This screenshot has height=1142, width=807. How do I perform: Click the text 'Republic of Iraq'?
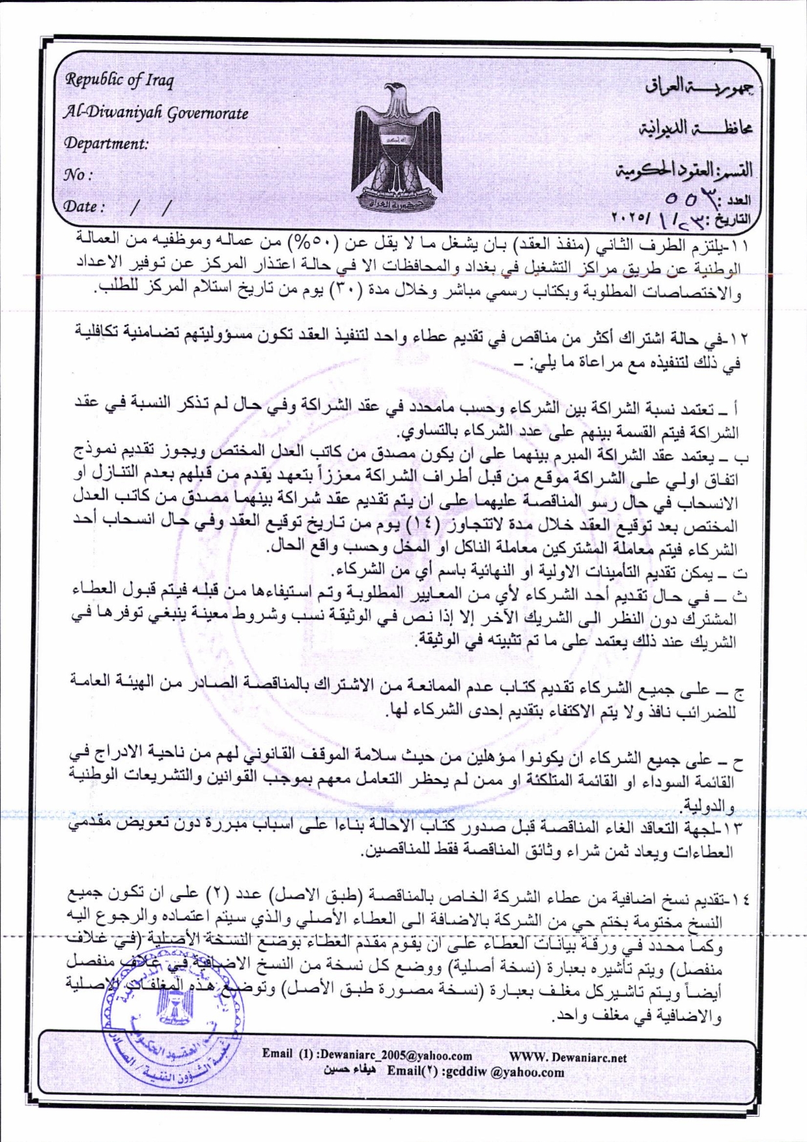(x=119, y=81)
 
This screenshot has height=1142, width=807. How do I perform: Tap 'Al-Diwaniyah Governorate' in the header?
(x=156, y=113)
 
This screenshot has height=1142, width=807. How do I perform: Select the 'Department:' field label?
(x=106, y=143)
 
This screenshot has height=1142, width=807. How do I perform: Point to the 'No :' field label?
(x=78, y=174)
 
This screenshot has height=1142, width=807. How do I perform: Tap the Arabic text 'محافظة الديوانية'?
(x=694, y=128)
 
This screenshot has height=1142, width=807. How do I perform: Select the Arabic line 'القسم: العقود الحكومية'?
(x=684, y=171)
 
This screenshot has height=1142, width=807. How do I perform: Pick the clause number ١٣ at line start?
(x=736, y=829)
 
